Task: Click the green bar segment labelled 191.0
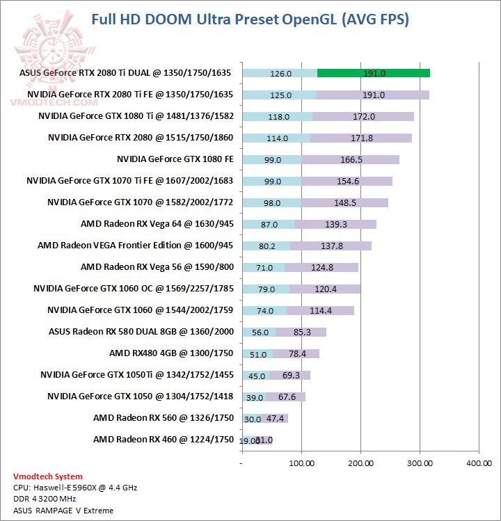pos(373,73)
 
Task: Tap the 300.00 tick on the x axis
pos(420,462)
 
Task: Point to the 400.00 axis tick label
pos(479,462)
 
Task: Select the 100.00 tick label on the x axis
pos(301,462)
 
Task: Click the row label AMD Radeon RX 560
pos(163,418)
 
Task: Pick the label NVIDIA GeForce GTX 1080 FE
pos(175,159)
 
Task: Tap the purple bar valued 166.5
pos(351,159)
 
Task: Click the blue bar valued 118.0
pos(278,116)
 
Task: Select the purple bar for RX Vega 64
pos(335,224)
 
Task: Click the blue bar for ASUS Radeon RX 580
pos(259,332)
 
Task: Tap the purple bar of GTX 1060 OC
pos(324,289)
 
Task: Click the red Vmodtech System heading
pos(48,476)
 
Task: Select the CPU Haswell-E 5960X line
pos(75,488)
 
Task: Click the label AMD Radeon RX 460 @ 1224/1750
pos(163,440)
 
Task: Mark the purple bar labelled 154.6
pos(347,181)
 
